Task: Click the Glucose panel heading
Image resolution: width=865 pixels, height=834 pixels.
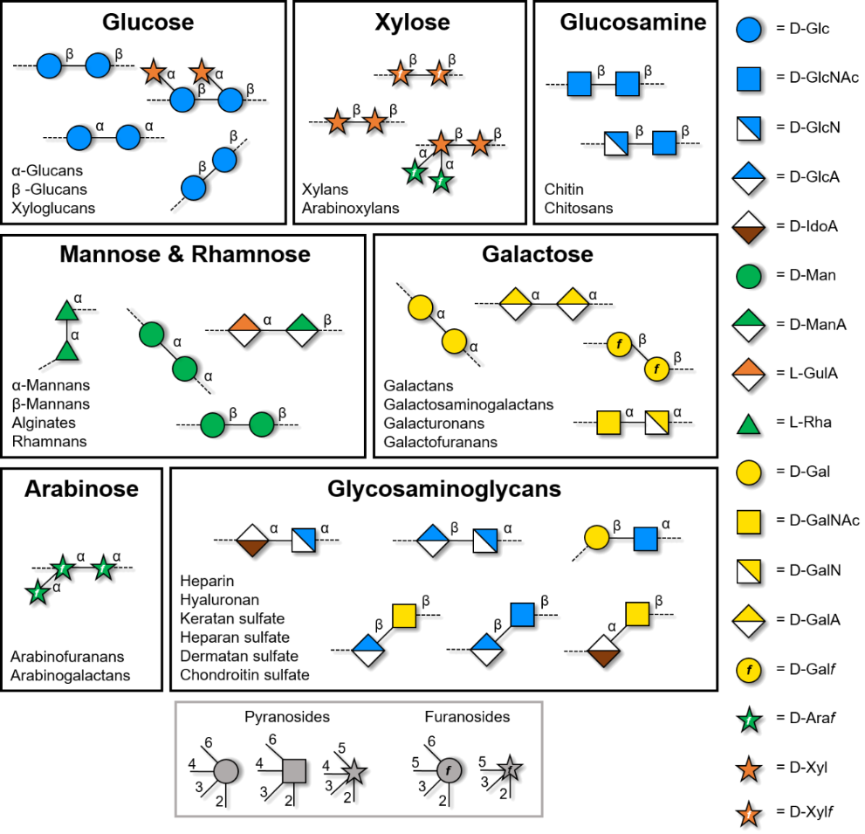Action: [x=148, y=23]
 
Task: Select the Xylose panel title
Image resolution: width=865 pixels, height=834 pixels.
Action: [x=409, y=23]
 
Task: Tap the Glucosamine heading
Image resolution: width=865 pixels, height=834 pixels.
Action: [x=633, y=23]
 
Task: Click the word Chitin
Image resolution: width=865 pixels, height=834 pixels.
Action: [x=564, y=190]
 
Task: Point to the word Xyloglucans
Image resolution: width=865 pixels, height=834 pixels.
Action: [x=54, y=209]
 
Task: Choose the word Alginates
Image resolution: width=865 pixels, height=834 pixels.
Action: [x=44, y=423]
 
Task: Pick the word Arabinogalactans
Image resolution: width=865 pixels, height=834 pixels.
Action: [x=71, y=675]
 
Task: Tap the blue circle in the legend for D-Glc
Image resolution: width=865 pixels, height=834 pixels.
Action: [x=752, y=28]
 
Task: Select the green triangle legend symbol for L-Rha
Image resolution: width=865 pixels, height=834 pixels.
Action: [x=752, y=423]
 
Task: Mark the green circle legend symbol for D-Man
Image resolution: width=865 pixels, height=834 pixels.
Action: [x=752, y=275]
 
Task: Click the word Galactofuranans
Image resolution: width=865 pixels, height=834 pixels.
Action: [x=441, y=442]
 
